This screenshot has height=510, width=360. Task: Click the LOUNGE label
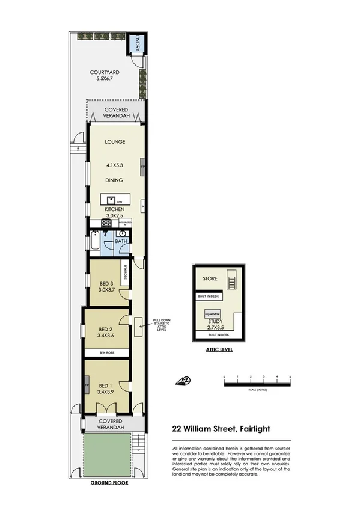(114, 143)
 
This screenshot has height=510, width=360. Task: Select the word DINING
(114, 180)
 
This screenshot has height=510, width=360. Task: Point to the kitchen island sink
(111, 200)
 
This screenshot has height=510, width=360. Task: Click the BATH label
(121, 241)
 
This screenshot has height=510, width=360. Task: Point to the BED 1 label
(106, 386)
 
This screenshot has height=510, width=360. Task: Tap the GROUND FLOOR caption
(109, 482)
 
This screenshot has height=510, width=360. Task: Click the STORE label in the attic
(210, 279)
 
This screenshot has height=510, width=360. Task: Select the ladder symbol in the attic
(230, 281)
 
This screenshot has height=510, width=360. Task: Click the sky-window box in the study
(213, 313)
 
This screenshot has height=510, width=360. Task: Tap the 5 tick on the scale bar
(290, 377)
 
